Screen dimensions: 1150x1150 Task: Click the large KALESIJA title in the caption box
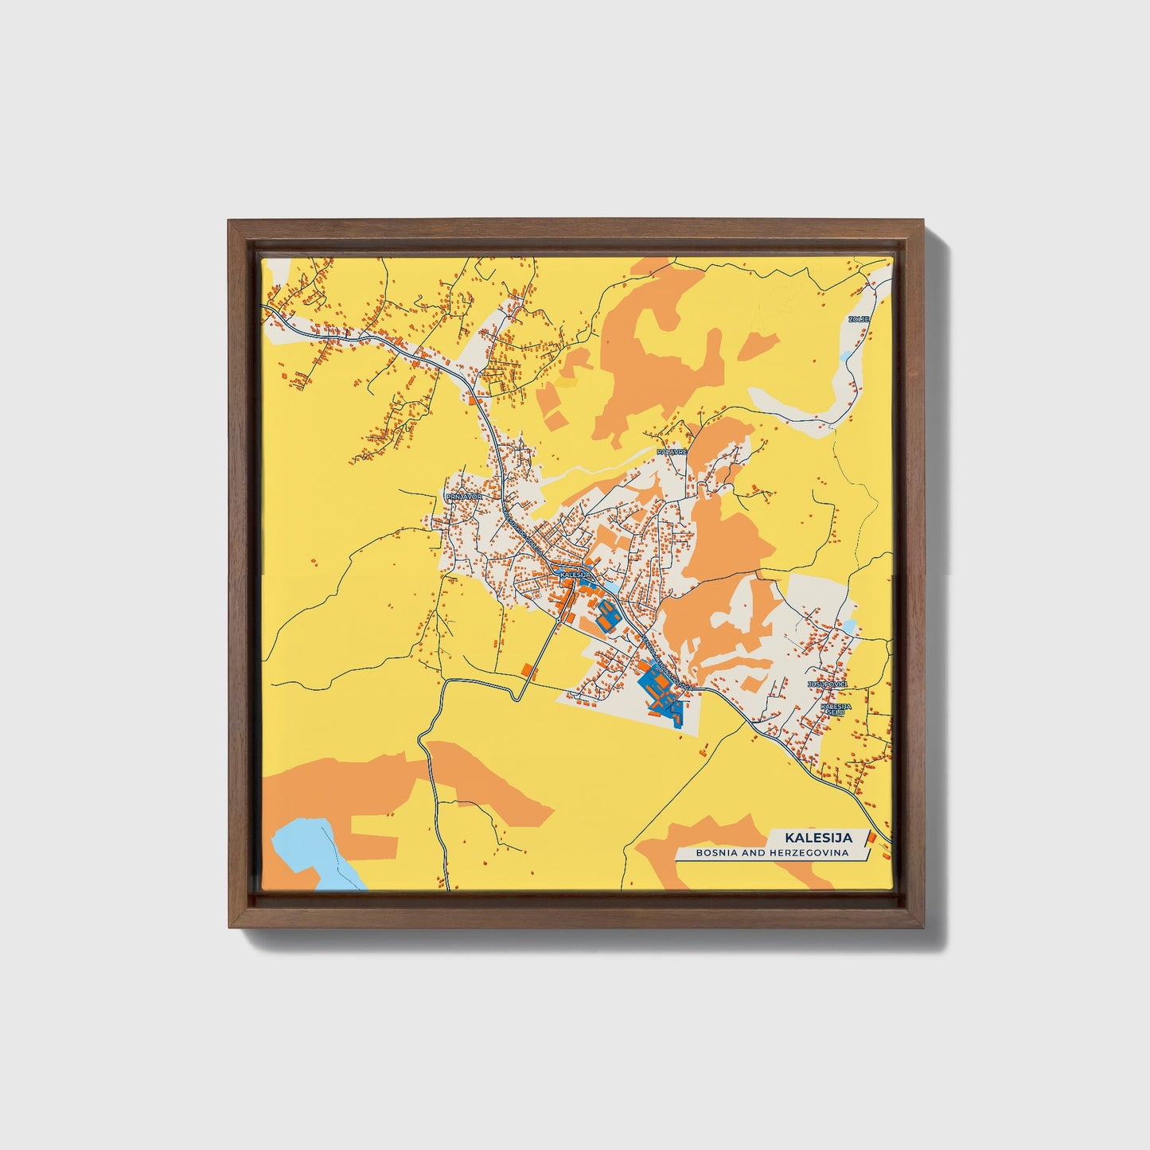[818, 837]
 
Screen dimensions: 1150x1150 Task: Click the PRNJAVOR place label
[464, 496]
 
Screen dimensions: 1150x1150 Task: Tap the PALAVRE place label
[671, 451]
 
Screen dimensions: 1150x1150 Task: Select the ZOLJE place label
[859, 319]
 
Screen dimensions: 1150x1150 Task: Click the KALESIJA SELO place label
[836, 709]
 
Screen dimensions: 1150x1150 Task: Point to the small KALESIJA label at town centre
[574, 574]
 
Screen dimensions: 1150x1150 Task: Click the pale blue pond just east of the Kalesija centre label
[611, 587]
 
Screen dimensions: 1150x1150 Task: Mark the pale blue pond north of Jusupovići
[850, 627]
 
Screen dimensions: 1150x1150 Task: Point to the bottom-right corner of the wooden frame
[924, 928]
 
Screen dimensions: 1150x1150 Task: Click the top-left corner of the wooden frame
[228, 221]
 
